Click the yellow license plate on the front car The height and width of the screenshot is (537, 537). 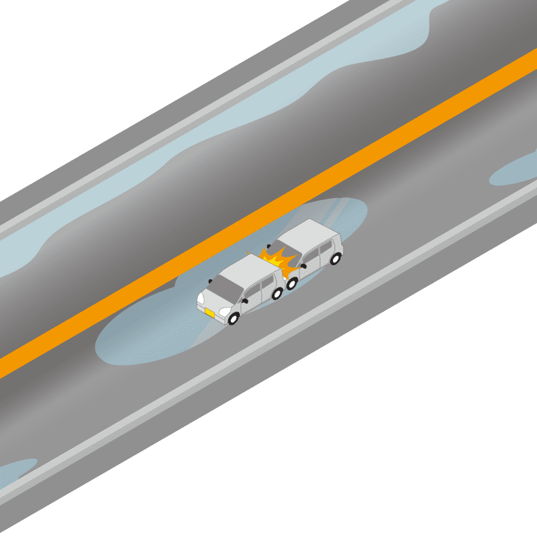(209, 313)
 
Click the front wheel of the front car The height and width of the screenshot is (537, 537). (234, 319)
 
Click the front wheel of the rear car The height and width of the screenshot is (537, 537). (293, 283)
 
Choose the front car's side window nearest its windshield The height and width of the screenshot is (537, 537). (250, 293)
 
